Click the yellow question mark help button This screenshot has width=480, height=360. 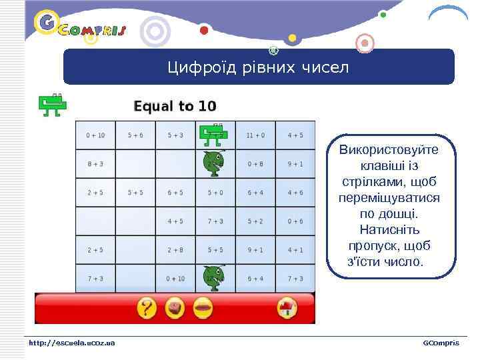[x=147, y=308]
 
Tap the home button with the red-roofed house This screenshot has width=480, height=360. [x=286, y=308]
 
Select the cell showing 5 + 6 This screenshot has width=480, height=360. [x=135, y=135]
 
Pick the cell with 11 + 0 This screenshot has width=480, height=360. [x=255, y=135]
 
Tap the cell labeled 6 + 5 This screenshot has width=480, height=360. [x=175, y=193]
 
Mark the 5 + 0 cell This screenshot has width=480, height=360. [x=215, y=193]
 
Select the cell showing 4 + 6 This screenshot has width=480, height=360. [x=295, y=193]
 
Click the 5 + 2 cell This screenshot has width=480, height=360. [x=255, y=221]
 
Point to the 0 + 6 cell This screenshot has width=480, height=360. [x=295, y=221]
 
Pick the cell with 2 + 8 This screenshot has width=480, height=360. [x=175, y=250]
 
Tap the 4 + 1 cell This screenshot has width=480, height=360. [x=295, y=250]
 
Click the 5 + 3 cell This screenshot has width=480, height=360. [x=175, y=135]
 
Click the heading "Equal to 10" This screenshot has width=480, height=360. [x=175, y=106]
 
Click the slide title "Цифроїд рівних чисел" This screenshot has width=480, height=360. [x=258, y=67]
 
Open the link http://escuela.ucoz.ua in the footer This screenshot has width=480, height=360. [x=71, y=343]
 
